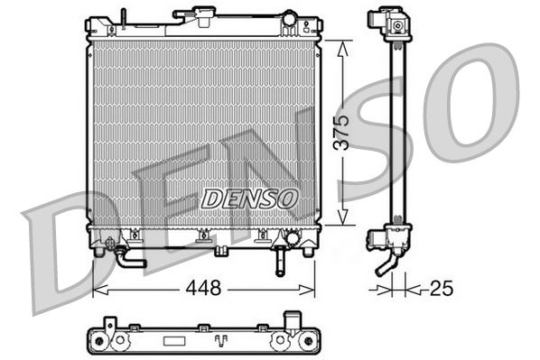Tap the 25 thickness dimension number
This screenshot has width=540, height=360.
(441, 290)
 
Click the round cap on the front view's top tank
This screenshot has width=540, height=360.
(288, 18)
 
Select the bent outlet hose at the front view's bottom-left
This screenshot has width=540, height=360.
(126, 260)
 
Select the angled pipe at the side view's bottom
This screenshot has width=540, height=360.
(386, 267)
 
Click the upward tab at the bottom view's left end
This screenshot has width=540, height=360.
(109, 323)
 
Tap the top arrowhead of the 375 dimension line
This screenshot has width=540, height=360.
(341, 47)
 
